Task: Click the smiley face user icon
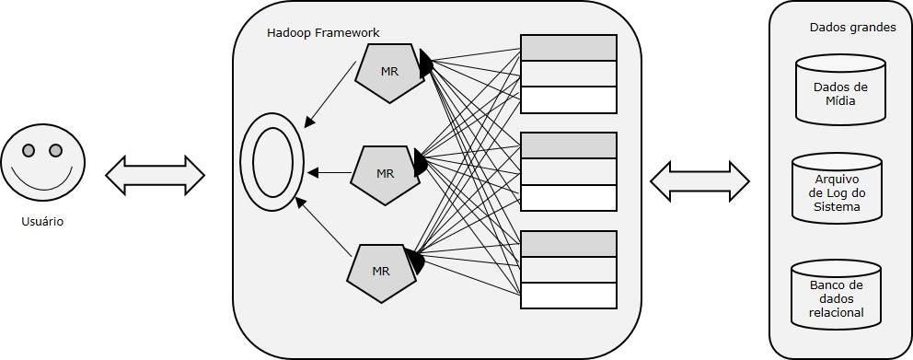42,167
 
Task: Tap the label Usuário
42,222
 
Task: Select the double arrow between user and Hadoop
155,175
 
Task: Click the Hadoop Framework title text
323,32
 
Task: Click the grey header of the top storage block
568,48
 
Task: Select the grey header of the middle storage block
568,145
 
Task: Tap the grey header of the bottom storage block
568,244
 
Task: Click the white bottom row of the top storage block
568,99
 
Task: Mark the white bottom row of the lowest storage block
568,295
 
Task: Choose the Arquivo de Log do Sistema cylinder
837,192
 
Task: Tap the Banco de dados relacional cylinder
836,297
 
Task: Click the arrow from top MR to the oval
329,93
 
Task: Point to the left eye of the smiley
29,150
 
